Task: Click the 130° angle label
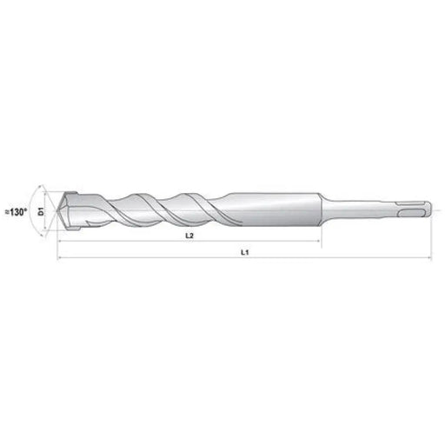coord(17,210)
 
